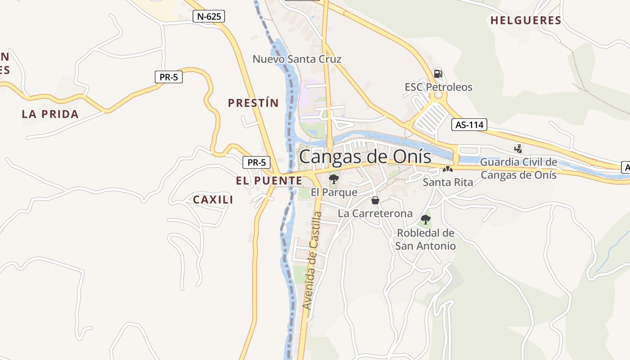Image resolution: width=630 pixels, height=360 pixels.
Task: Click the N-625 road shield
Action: [209, 17]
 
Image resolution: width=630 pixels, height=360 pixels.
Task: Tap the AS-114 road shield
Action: [469, 125]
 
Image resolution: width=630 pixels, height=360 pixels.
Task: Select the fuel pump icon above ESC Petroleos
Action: [438, 73]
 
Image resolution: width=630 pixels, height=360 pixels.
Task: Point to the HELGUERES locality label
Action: [526, 20]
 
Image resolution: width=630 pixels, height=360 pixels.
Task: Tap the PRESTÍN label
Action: [253, 103]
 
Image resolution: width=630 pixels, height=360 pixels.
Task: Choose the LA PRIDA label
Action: [50, 114]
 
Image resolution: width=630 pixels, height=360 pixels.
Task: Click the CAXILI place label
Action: [213, 200]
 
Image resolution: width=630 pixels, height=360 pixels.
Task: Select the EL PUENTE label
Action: [269, 181]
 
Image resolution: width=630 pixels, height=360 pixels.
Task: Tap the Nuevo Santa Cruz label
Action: [297, 59]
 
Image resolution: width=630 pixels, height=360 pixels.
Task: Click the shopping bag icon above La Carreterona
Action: [375, 200]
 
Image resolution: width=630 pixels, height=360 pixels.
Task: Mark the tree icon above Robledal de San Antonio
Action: [425, 220]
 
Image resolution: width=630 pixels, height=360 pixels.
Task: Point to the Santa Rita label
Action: [448, 182]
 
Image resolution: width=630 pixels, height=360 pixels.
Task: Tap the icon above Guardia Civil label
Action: [518, 148]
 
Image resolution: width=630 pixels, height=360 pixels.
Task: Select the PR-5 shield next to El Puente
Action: [256, 162]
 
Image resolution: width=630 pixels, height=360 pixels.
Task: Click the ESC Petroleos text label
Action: [438, 87]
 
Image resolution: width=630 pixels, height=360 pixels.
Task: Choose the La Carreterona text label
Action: [375, 213]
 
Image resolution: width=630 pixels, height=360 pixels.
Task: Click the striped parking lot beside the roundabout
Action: [431, 118]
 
